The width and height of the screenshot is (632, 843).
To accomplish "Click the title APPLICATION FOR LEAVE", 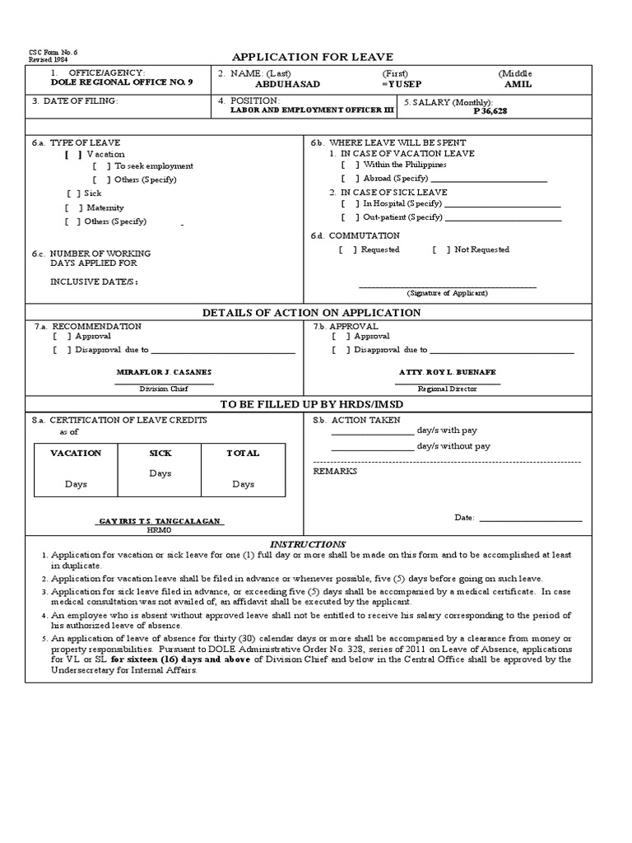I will click(x=313, y=57).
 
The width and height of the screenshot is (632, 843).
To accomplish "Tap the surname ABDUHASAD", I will click(x=288, y=84).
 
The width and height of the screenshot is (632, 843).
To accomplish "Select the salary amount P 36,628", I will click(x=490, y=110).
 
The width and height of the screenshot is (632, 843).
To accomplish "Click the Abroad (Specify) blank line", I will click(x=489, y=179).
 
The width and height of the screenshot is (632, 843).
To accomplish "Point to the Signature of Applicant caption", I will click(x=447, y=293).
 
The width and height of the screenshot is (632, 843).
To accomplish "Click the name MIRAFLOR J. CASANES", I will click(x=164, y=373).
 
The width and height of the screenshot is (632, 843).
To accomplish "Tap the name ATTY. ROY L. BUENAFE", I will click(x=447, y=372).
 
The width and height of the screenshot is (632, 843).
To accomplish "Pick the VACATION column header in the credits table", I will click(x=76, y=453).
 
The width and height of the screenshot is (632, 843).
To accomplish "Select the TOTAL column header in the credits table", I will click(x=243, y=453).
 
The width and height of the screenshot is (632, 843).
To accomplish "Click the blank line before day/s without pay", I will click(x=372, y=446).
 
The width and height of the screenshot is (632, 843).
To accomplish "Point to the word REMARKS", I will click(x=335, y=472).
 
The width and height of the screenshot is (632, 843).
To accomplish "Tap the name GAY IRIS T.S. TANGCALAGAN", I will click(x=160, y=523).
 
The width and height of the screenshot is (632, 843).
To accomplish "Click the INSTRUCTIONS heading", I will click(x=309, y=544).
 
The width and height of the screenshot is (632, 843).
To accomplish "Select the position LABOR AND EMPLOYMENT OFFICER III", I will click(x=304, y=110).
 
